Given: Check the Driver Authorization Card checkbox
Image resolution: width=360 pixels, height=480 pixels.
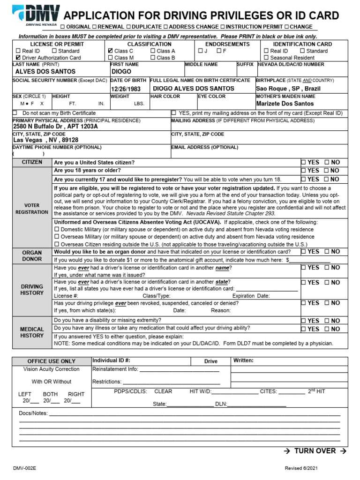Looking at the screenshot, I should (x=18, y=58).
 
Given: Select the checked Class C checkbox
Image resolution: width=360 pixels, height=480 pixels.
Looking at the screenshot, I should (x=110, y=51).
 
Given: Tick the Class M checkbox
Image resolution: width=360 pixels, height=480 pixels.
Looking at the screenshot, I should (x=110, y=58).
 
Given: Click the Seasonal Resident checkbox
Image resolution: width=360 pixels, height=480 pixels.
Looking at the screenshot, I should (x=266, y=58).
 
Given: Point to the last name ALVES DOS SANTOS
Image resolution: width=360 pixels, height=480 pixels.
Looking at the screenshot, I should (x=45, y=72).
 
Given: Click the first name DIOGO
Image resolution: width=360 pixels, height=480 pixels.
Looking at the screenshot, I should (x=121, y=72).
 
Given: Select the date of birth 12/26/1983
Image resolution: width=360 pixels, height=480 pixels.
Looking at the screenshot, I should (x=126, y=89).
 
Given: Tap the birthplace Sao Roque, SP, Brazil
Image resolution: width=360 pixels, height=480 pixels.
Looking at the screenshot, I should (x=288, y=88).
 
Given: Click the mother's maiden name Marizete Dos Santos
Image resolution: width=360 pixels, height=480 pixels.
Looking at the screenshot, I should (x=285, y=104).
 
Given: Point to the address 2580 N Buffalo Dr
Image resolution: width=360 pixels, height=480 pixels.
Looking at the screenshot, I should (x=56, y=127).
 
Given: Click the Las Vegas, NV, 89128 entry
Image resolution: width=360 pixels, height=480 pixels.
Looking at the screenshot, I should (x=45, y=140).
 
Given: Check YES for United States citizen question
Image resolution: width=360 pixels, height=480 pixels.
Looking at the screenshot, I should (x=303, y=162).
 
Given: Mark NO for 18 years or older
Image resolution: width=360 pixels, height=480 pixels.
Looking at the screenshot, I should (x=327, y=171).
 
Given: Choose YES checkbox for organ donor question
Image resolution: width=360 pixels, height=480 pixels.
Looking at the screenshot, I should (x=303, y=252).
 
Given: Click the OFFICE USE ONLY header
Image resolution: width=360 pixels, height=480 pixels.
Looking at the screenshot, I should (x=51, y=361).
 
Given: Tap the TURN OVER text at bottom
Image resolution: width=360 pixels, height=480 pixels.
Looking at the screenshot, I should (x=315, y=450).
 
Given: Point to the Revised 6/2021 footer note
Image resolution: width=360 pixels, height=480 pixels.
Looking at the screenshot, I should (x=304, y=468).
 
